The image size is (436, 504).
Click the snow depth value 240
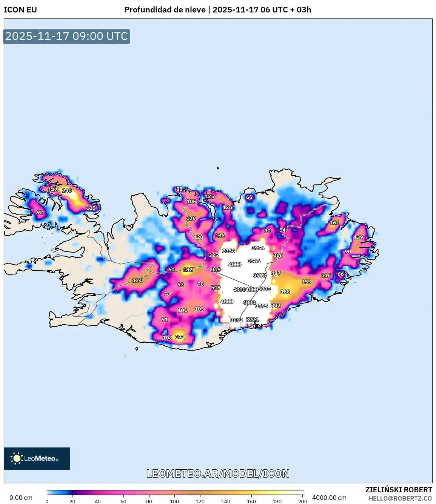point(67,190)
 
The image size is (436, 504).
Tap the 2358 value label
point(229,251)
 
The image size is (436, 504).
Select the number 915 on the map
point(216,270)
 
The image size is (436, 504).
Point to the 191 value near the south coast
point(180,337)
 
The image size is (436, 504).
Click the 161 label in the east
point(334,222)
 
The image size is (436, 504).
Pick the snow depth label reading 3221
point(252,319)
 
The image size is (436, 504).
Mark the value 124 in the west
point(137,280)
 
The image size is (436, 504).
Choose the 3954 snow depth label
point(258,248)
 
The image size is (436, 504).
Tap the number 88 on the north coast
point(179,189)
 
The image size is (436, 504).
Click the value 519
point(216,287)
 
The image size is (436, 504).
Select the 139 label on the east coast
point(358,237)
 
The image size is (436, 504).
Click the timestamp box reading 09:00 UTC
point(67,36)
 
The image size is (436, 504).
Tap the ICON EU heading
point(20,10)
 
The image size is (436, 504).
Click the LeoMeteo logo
point(37,458)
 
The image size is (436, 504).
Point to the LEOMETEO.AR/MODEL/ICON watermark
point(218,473)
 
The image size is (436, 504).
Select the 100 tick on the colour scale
point(174,501)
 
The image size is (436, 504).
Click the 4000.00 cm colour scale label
point(329,498)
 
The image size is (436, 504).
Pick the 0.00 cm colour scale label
point(21,498)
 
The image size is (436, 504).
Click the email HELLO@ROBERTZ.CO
point(400,498)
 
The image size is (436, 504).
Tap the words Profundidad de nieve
point(165,10)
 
